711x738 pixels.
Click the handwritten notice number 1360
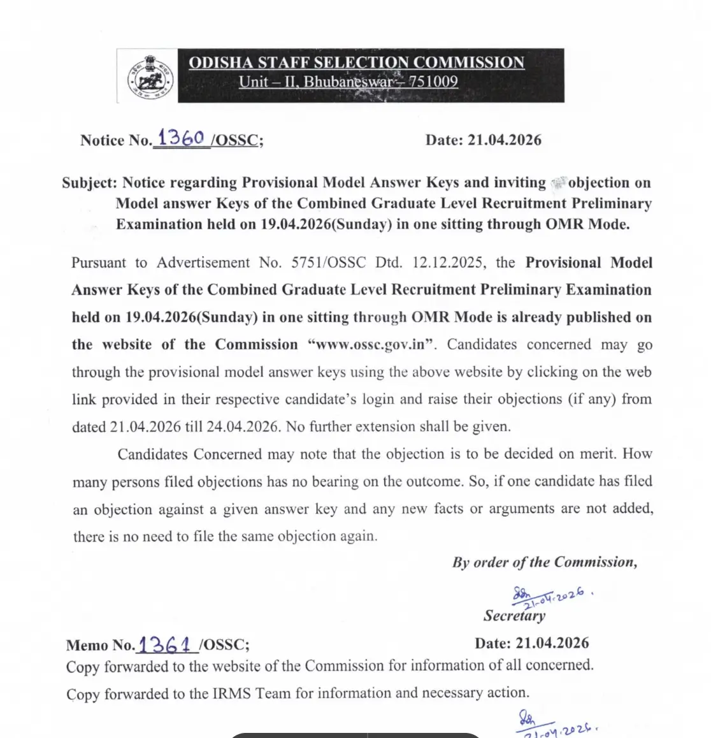click(181, 138)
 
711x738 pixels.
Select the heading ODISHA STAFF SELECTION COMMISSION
click(357, 62)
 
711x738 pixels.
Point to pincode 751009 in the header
click(433, 82)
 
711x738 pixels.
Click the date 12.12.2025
click(449, 263)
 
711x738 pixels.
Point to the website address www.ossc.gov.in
click(371, 345)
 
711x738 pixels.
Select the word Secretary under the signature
click(514, 616)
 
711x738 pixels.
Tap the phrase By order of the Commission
click(544, 562)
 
